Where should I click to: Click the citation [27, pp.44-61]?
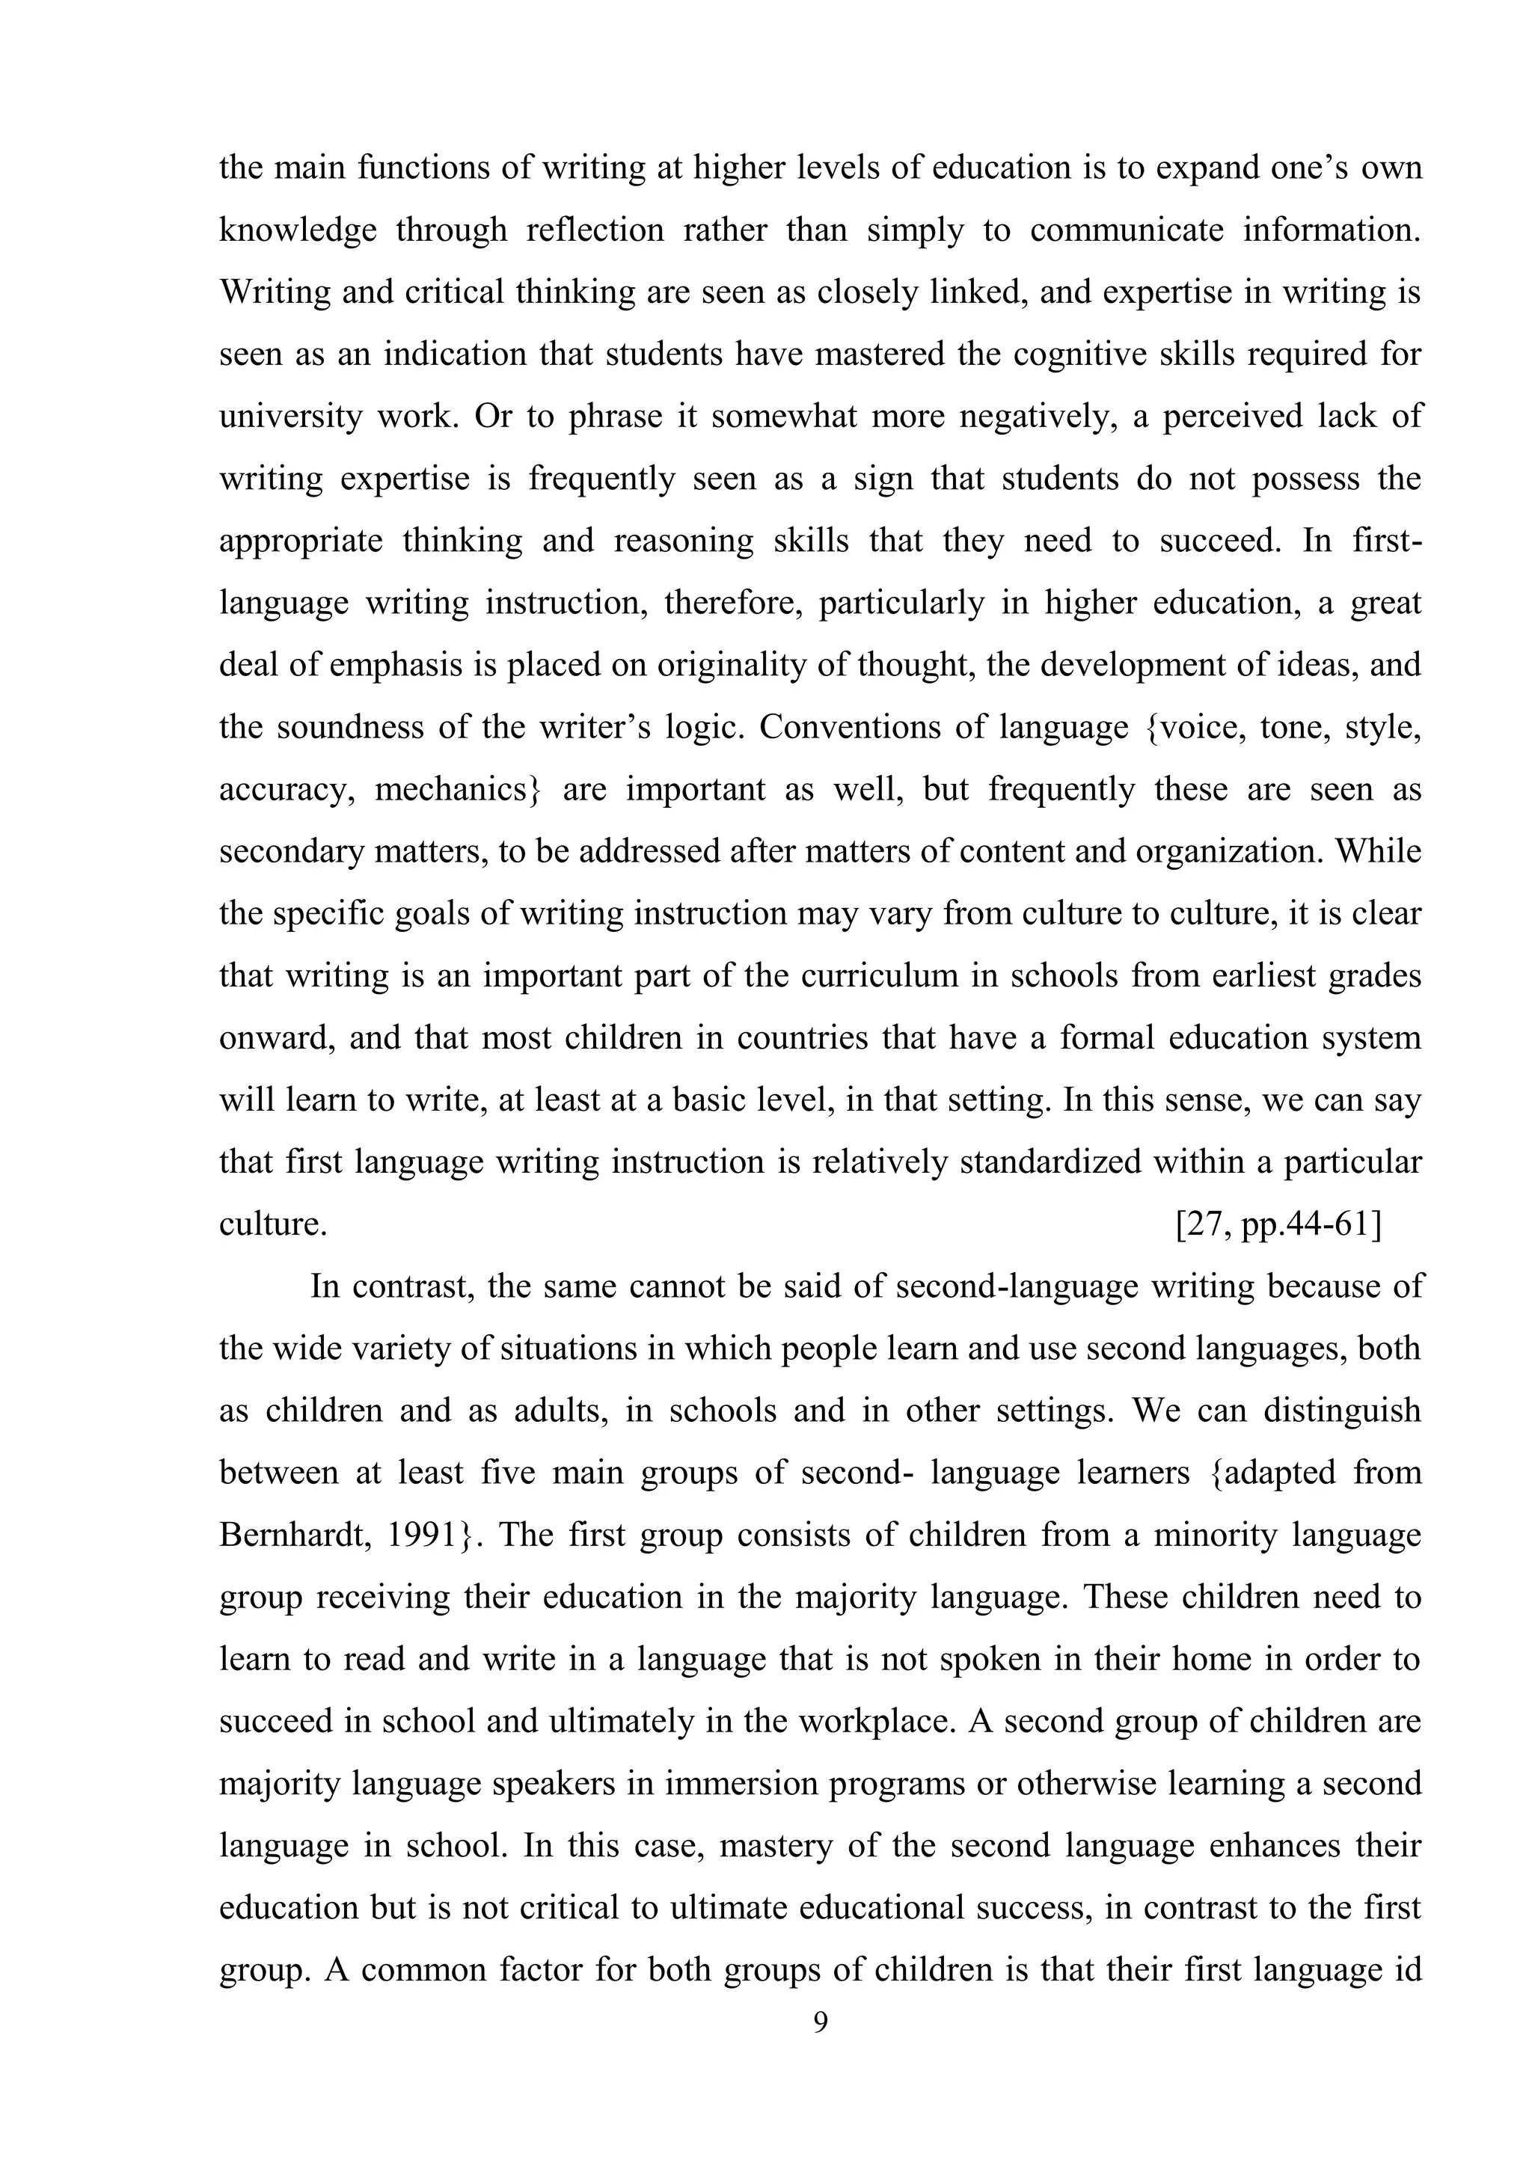pyautogui.click(x=1278, y=1224)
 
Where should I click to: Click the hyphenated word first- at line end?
pyautogui.click(x=1386, y=541)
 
